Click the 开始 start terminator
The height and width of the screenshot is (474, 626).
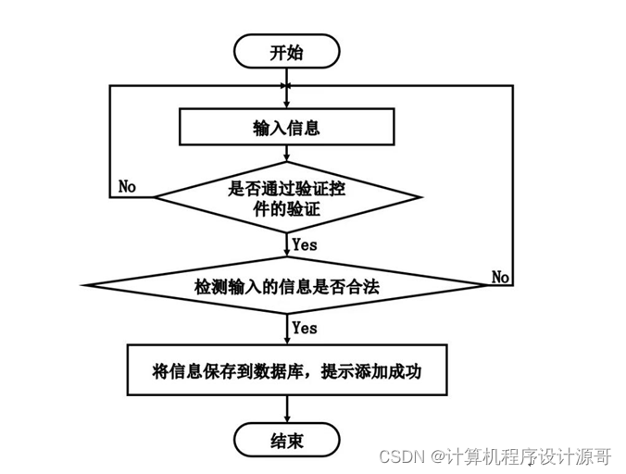click(x=286, y=52)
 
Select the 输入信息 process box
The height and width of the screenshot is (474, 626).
click(x=286, y=128)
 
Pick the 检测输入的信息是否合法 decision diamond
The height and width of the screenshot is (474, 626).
click(x=286, y=287)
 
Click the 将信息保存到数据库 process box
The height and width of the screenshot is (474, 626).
click(x=287, y=371)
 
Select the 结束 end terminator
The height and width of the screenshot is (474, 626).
click(x=286, y=439)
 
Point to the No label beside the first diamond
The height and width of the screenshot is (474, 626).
click(x=128, y=186)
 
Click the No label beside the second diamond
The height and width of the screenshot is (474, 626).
click(x=501, y=277)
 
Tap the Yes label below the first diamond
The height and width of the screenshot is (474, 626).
click(x=304, y=245)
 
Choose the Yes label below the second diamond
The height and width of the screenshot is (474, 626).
click(x=304, y=328)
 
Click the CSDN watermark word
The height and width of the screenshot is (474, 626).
click(x=399, y=456)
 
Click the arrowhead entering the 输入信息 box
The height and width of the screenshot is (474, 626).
click(x=287, y=106)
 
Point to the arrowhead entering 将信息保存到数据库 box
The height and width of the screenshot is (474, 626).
click(x=287, y=342)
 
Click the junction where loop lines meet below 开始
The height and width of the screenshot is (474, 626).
click(x=287, y=86)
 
